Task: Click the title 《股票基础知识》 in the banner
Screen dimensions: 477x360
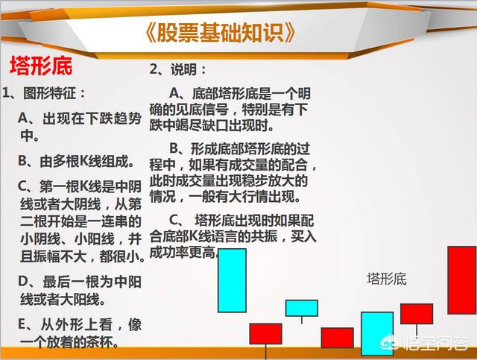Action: pos(219,33)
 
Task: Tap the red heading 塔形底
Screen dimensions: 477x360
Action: pos(41,66)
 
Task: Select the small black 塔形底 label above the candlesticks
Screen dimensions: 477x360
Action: pos(387,279)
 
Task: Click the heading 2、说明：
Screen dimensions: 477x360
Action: pos(177,69)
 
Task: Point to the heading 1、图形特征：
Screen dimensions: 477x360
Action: pos(44,93)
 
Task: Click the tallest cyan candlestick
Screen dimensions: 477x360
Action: pos(232,280)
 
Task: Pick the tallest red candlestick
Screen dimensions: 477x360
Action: pos(462,280)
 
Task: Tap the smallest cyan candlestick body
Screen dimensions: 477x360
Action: pos(302,308)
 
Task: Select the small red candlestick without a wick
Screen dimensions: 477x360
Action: pos(338,338)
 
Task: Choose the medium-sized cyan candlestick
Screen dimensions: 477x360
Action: pos(377,333)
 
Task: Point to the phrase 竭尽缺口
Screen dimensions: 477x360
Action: pos(202,125)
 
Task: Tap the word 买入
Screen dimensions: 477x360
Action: pos(303,236)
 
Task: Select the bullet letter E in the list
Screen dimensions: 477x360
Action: pos(22,325)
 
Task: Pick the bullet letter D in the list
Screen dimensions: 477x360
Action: pos(23,282)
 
